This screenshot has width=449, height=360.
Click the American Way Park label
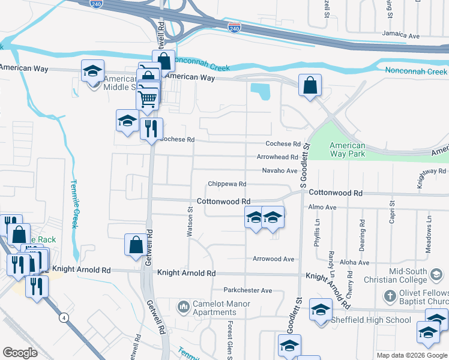click(348, 149)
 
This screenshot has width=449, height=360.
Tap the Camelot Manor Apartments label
click(214, 308)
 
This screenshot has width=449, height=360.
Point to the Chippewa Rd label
click(228, 184)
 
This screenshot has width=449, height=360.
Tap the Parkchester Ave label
click(248, 290)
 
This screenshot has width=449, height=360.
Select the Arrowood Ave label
click(274, 259)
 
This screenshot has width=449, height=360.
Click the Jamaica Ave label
click(402, 35)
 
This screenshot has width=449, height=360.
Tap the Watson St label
click(189, 223)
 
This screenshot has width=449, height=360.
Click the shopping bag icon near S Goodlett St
click(310, 85)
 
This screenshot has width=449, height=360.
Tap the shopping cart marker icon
click(147, 98)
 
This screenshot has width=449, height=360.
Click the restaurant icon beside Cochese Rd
click(151, 128)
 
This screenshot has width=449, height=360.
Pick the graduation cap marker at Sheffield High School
click(321, 310)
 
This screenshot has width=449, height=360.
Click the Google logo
click(20, 353)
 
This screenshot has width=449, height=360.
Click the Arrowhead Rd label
click(277, 157)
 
